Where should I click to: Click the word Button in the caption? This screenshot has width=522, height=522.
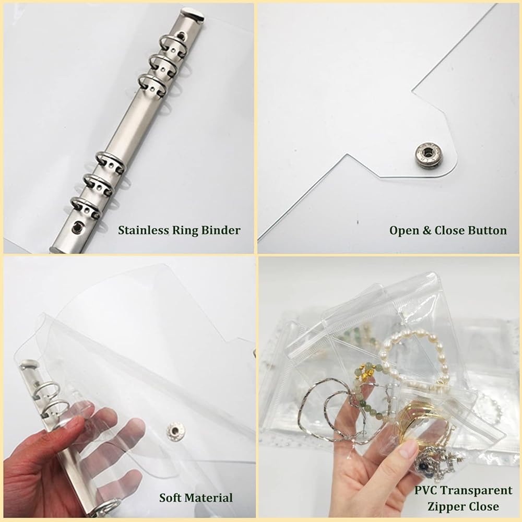tap(488, 230)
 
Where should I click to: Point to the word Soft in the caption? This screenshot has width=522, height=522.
tap(170, 497)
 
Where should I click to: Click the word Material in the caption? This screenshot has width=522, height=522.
tap(208, 497)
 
